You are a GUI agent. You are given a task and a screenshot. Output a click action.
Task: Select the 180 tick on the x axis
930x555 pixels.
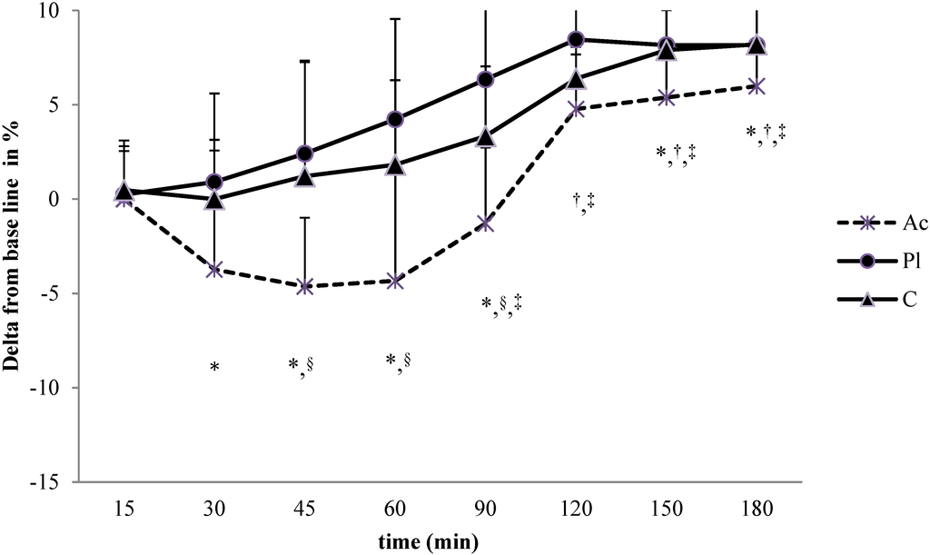[756, 511]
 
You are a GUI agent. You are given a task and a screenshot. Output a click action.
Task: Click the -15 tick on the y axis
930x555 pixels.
[54, 482]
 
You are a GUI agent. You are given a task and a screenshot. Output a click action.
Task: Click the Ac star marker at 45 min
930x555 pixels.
[305, 286]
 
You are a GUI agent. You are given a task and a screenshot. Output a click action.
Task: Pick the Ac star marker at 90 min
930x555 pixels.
[485, 223]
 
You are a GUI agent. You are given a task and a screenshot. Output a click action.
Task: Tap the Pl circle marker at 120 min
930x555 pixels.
[576, 39]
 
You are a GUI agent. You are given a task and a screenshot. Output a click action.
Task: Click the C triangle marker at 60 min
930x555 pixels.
[395, 165]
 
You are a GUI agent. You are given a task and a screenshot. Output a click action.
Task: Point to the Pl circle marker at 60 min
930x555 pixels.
[395, 119]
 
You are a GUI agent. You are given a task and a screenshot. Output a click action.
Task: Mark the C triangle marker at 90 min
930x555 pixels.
[485, 137]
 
